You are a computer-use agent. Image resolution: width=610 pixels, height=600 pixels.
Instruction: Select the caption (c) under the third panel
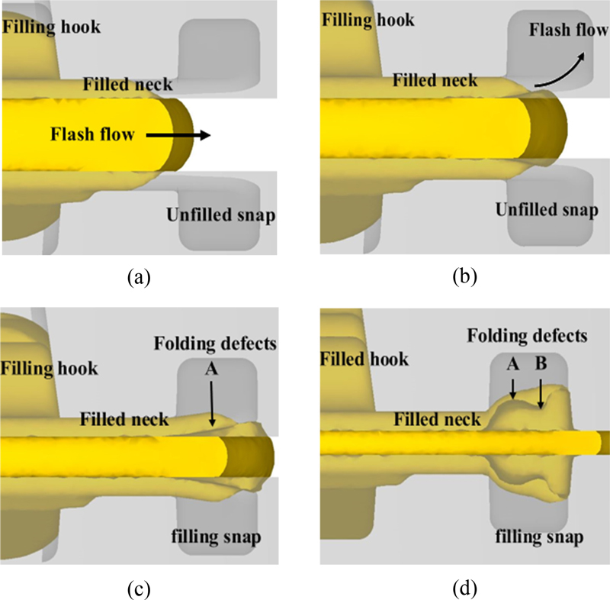137,588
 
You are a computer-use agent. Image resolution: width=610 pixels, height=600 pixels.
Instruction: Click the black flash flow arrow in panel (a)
178,136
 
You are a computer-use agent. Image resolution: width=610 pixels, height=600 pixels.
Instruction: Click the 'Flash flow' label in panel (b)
563,30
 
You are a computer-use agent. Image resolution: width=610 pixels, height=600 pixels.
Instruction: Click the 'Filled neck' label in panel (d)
437,418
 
